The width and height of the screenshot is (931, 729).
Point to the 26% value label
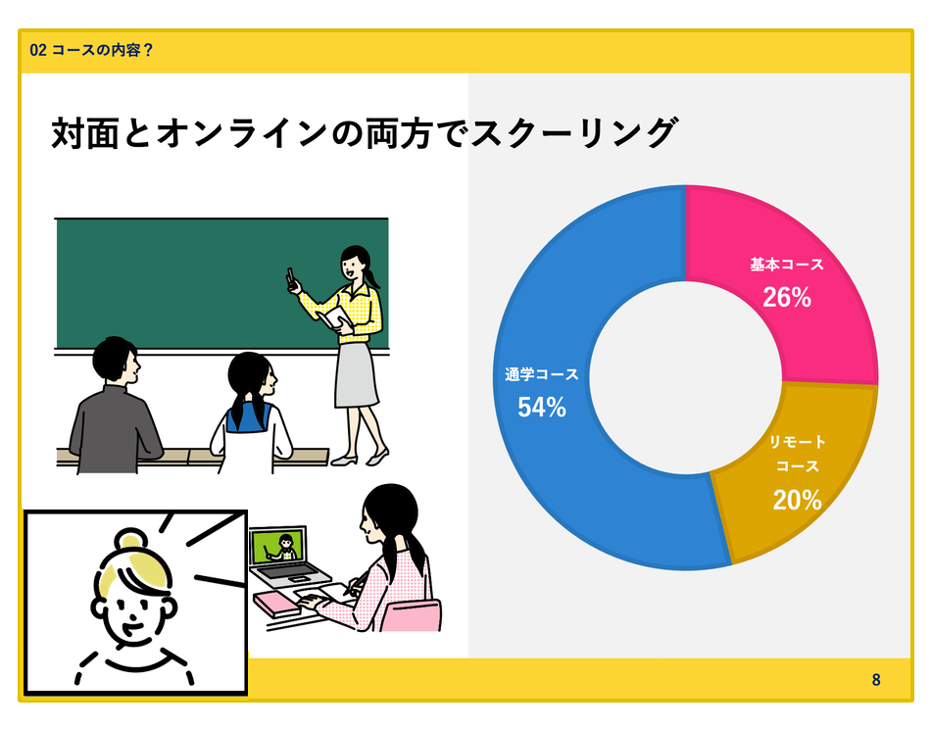point(787,298)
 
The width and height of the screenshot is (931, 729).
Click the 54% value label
point(542,408)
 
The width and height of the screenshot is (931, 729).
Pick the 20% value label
point(797,500)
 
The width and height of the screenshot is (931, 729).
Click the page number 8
point(876,680)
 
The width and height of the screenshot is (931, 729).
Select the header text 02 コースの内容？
point(92,50)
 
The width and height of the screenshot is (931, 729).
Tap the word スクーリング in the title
point(573,132)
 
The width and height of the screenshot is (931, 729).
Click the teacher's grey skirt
point(356,374)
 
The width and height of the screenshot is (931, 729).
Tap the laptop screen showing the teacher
point(278,548)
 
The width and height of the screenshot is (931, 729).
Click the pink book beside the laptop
point(276,604)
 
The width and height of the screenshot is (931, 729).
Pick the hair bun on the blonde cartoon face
point(130,539)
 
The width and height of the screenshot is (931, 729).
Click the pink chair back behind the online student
point(411,616)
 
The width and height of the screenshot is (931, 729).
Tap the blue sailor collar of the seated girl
point(250,416)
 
